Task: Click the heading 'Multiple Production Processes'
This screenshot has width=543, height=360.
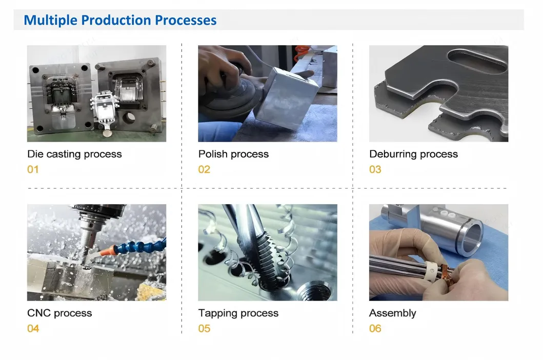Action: [120, 21]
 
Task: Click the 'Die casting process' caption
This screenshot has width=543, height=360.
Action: [74, 154]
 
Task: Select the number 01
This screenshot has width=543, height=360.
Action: [33, 169]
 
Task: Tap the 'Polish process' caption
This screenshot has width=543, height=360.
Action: [233, 154]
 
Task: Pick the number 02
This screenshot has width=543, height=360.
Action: [204, 169]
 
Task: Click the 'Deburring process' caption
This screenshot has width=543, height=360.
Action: [413, 154]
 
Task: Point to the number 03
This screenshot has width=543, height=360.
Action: [375, 169]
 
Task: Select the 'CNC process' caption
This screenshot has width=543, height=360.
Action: [59, 313]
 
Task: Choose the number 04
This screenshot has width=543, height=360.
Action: [33, 328]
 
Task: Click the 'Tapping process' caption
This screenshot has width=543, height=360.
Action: [238, 313]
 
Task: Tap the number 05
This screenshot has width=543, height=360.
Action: [204, 328]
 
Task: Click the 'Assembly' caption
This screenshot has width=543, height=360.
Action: [392, 313]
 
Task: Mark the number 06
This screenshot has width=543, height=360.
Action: [375, 328]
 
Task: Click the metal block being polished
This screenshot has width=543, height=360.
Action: [287, 97]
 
